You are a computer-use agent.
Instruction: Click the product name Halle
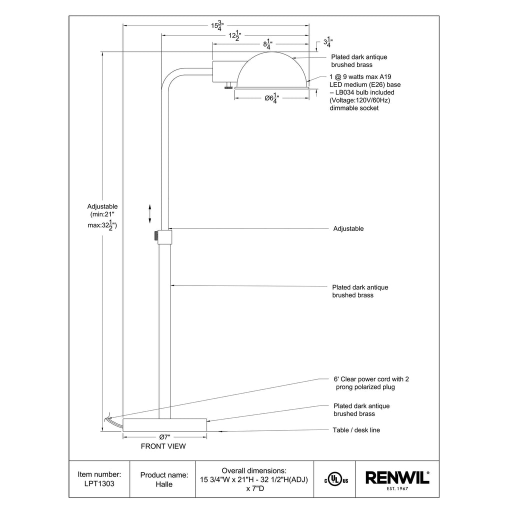coord(163,479)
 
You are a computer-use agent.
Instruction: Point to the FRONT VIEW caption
coord(163,446)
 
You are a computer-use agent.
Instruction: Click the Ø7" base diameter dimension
coord(164,436)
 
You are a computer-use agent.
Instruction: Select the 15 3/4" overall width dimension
coord(216,25)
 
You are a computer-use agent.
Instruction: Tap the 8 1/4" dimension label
coord(268,44)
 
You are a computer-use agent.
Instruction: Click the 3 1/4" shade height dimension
coord(328,43)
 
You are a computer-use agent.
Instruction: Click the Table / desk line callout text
coord(356,430)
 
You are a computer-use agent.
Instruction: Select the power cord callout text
coord(371,383)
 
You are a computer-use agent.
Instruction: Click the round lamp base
coord(164,424)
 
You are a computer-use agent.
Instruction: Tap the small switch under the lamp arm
coord(228,86)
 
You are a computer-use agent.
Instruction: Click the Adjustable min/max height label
coord(102,216)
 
